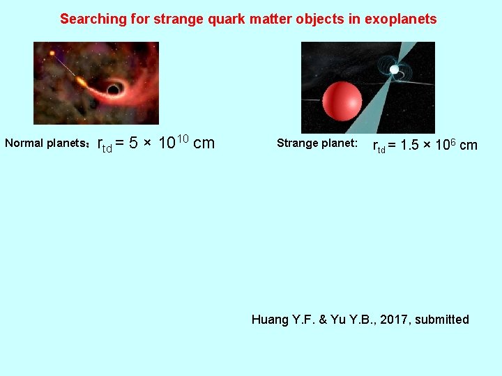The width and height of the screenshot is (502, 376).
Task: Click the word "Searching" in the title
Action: [x=89, y=19]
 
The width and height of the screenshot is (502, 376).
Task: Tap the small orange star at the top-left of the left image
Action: [x=51, y=53]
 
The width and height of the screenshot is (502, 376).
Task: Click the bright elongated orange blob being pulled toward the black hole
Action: [x=82, y=82]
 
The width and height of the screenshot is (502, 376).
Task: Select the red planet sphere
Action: [x=342, y=101]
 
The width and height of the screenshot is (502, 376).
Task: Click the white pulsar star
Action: [x=395, y=70]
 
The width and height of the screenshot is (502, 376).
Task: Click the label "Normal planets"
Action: [x=45, y=143]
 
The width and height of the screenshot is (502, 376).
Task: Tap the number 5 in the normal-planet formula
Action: [x=132, y=144]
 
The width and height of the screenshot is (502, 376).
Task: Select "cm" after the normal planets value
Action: [x=204, y=144]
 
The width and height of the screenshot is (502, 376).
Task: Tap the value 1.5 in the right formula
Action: [x=411, y=146]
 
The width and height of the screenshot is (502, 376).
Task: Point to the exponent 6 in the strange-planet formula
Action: [x=453, y=141]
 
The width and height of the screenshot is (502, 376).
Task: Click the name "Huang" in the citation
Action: [x=269, y=320]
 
